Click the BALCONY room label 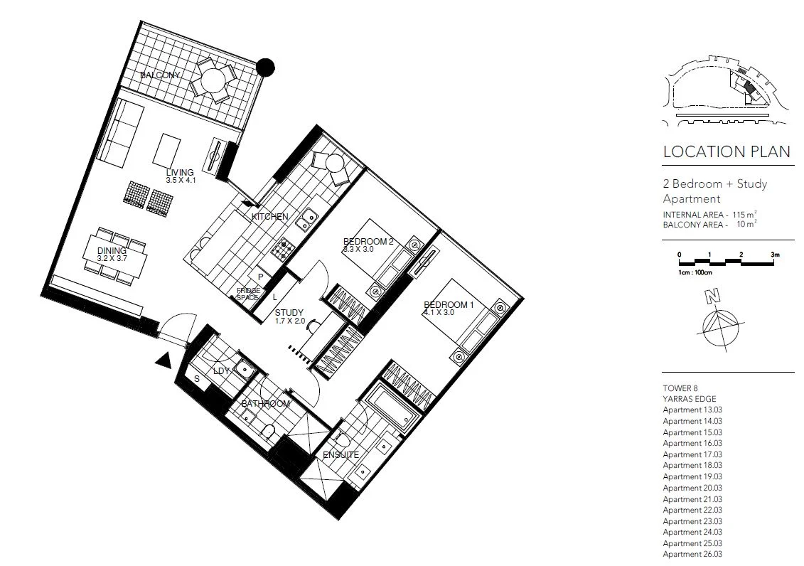(159, 75)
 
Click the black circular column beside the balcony (265, 67)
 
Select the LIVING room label (180, 173)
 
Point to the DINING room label (112, 251)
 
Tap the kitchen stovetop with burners (282, 248)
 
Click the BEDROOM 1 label (449, 304)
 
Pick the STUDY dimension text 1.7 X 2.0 (289, 321)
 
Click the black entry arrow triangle (164, 361)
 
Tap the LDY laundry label (222, 371)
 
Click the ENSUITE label (341, 454)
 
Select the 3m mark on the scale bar (774, 255)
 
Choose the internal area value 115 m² (743, 215)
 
